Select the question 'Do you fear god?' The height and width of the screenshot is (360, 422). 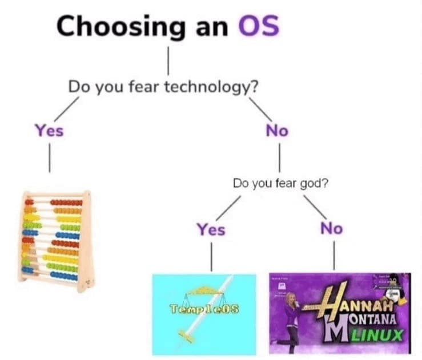(x=280, y=184)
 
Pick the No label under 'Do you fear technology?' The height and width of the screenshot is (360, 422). (x=277, y=130)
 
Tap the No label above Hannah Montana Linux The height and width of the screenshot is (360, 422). (x=331, y=228)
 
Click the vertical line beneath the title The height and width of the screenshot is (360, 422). (x=168, y=60)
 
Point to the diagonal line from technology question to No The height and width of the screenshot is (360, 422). (x=260, y=107)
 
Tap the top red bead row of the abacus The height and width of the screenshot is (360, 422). (x=66, y=202)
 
